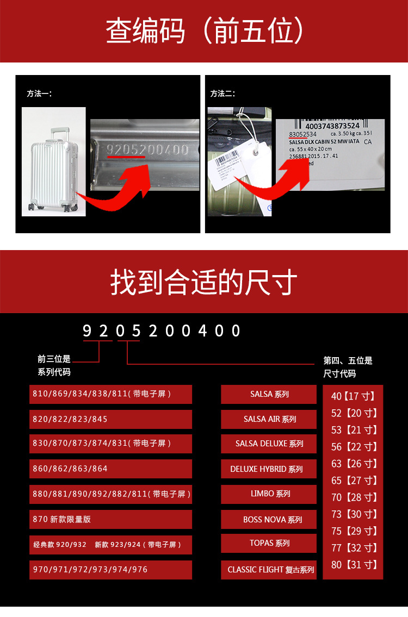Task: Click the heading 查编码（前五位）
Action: tap(204, 31)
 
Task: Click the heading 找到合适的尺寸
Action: tap(204, 282)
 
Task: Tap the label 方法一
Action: tap(39, 94)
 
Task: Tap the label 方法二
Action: tap(222, 94)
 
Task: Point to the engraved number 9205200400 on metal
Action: tap(147, 150)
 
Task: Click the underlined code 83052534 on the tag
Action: tap(302, 134)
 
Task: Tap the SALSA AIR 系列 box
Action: tap(269, 419)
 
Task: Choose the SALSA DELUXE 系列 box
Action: tap(269, 444)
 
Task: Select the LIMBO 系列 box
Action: tap(269, 494)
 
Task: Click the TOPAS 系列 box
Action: tap(269, 543)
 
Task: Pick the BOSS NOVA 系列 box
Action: tap(269, 519)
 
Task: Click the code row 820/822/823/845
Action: tap(110, 419)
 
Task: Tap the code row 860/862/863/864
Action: tap(110, 469)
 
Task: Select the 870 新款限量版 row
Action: tap(110, 519)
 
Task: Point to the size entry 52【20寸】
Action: tap(354, 413)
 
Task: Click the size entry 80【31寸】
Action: tap(354, 565)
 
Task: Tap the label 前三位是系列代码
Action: tap(54, 365)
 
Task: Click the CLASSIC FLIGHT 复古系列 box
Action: tap(269, 570)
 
